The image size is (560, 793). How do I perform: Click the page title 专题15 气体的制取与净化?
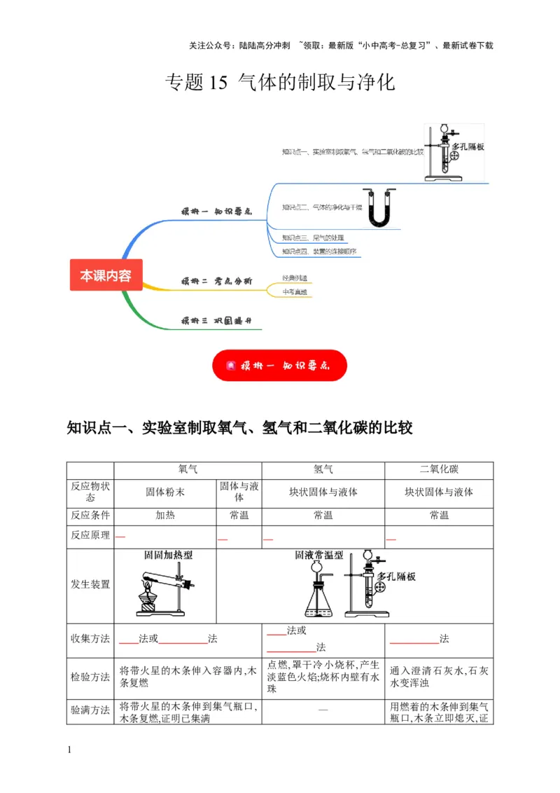click(280, 83)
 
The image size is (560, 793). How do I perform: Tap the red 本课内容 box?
click(106, 275)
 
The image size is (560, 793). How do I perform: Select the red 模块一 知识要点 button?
click(279, 366)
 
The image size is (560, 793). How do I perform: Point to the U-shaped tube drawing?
click(379, 208)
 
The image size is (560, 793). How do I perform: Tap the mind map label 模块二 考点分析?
click(216, 281)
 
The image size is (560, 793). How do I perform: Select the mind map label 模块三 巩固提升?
click(216, 321)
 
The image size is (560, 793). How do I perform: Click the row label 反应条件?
click(90, 516)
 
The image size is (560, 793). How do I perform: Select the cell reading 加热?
click(165, 516)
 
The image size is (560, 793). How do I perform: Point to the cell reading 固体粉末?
click(165, 492)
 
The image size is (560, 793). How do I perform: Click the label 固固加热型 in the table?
click(168, 556)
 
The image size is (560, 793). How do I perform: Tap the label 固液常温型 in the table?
click(319, 556)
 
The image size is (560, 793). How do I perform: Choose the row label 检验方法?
click(90, 677)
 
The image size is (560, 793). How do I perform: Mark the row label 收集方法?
click(90, 639)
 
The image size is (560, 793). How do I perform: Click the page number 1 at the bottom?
click(69, 751)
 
